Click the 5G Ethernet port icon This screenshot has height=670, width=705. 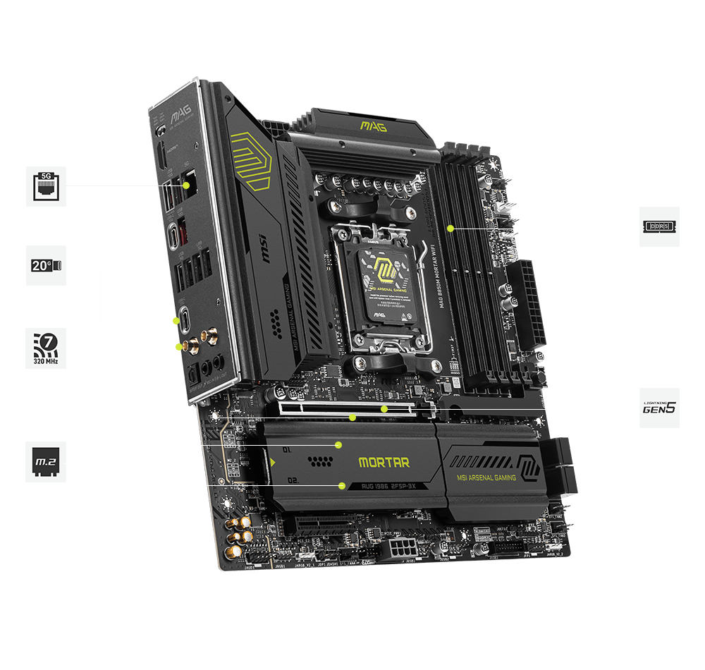pos(47,186)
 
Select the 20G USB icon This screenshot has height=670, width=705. pos(47,265)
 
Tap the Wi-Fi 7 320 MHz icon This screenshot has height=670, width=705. pos(47,348)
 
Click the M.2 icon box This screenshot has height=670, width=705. pos(47,463)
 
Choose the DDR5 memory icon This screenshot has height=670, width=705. pos(659,226)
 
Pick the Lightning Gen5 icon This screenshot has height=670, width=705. pos(659,408)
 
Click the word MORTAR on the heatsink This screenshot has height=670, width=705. pos(384,463)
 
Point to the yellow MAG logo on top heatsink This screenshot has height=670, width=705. pos(374,126)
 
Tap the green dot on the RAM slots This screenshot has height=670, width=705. pos(450,228)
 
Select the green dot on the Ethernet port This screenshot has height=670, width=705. pos(187,186)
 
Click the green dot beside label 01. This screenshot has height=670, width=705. pos(338,445)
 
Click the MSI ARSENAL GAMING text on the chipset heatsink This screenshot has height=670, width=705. pos(487,477)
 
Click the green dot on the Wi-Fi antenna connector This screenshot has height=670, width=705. pos(179,347)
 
